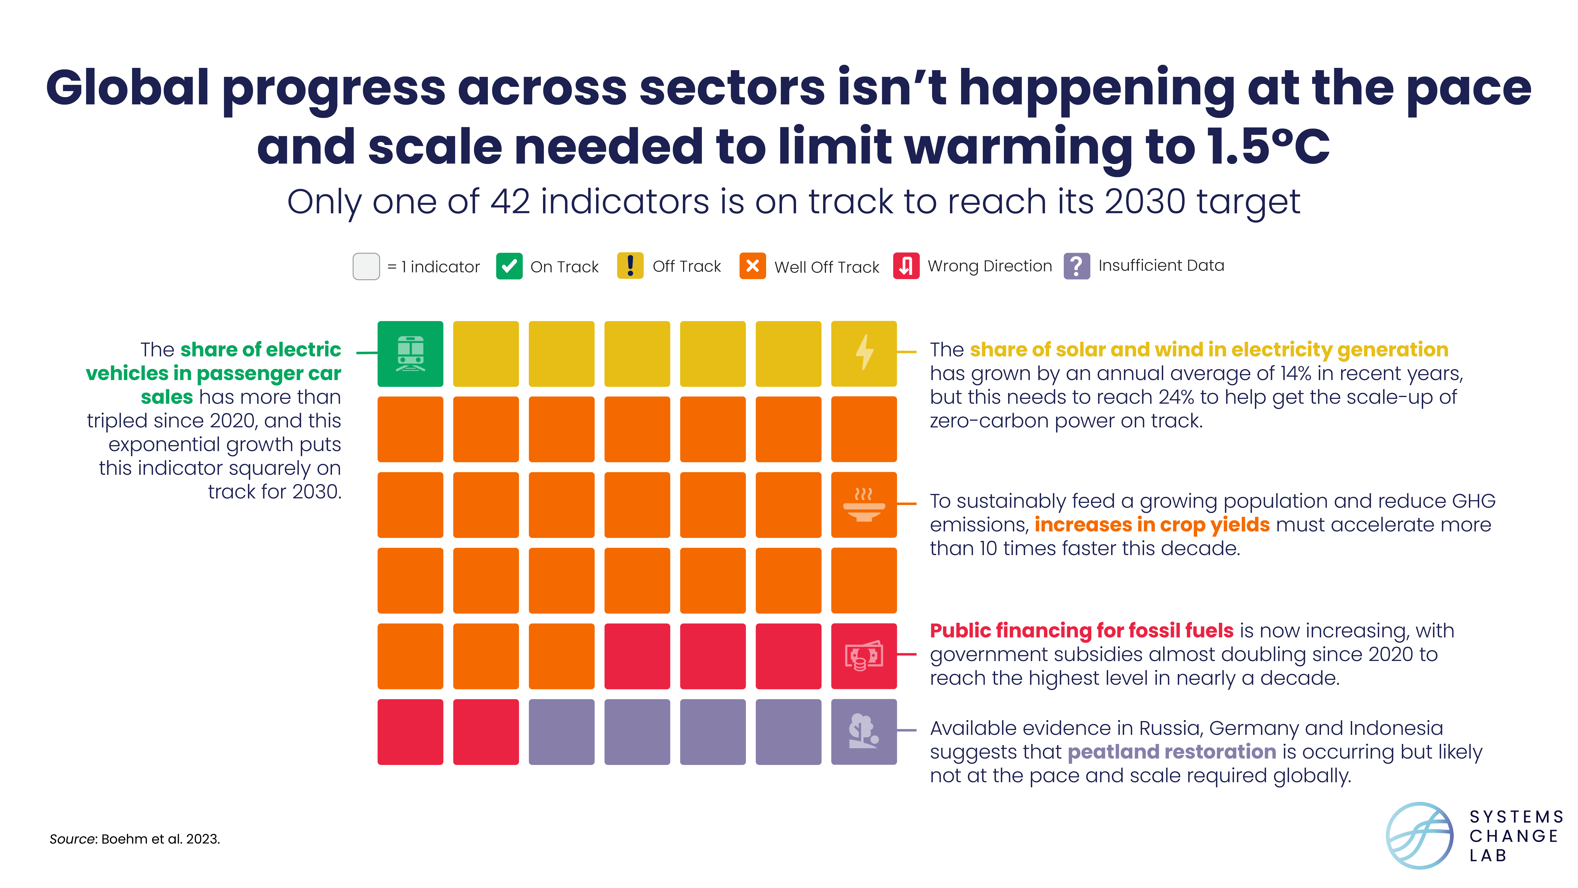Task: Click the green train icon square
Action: click(x=410, y=354)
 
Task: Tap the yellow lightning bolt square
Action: click(x=864, y=354)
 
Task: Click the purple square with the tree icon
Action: click(x=864, y=732)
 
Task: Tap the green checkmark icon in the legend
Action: click(x=509, y=266)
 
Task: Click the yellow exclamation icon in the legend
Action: click(x=630, y=266)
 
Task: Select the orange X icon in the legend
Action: click(x=752, y=266)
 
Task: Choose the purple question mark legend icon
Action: click(x=1076, y=266)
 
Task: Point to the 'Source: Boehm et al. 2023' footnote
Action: click(x=135, y=839)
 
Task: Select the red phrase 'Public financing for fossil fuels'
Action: click(x=1081, y=631)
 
